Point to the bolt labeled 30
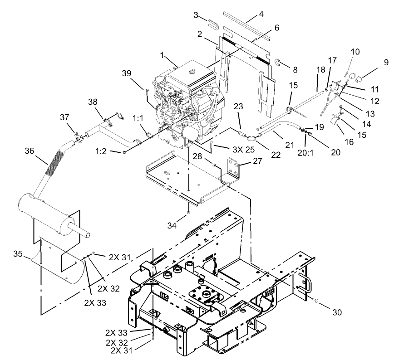point(315,300)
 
